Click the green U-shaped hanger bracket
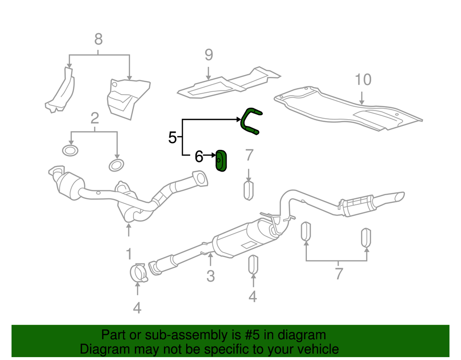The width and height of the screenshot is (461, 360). (x=250, y=120)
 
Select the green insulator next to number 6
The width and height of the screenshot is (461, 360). (x=222, y=161)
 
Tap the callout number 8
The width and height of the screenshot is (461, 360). (x=98, y=38)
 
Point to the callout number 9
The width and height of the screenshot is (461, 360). (x=208, y=55)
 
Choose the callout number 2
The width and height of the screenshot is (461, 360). (x=95, y=118)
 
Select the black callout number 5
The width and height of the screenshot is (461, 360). (x=173, y=138)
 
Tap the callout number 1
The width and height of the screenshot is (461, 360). (x=129, y=253)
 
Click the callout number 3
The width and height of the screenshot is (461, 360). (x=210, y=276)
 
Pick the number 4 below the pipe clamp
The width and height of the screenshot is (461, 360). (x=137, y=308)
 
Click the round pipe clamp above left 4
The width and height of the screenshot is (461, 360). (x=138, y=273)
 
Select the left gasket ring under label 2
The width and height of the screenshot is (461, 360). (x=71, y=151)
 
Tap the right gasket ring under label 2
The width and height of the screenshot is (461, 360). (x=116, y=166)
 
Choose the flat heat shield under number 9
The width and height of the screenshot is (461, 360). (x=226, y=83)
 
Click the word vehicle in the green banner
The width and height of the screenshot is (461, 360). (x=315, y=349)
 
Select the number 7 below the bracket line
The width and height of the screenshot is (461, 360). (x=339, y=274)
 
